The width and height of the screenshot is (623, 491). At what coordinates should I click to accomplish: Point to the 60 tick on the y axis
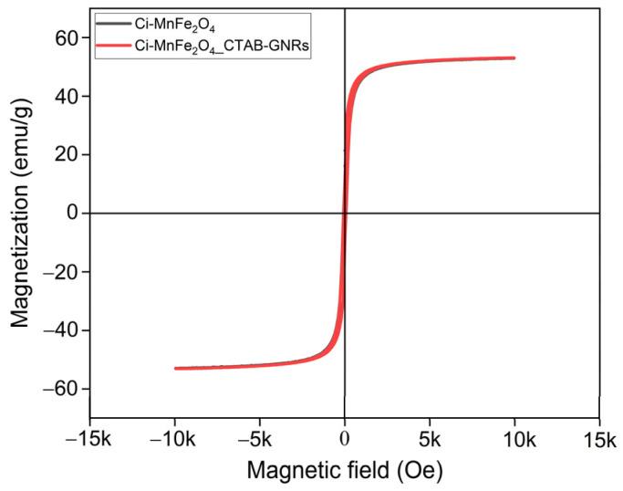click(x=69, y=37)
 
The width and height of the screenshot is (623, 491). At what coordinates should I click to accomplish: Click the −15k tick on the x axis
click(x=89, y=440)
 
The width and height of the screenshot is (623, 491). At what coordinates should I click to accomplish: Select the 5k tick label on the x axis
click(x=430, y=440)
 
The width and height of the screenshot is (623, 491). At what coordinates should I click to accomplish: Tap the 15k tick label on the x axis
click(x=599, y=440)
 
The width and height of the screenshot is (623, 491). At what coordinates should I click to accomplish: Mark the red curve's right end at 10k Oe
click(x=514, y=57)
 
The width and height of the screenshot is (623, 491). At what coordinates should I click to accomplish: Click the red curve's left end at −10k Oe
click(x=175, y=369)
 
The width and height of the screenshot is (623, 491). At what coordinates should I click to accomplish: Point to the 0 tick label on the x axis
click(x=345, y=440)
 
